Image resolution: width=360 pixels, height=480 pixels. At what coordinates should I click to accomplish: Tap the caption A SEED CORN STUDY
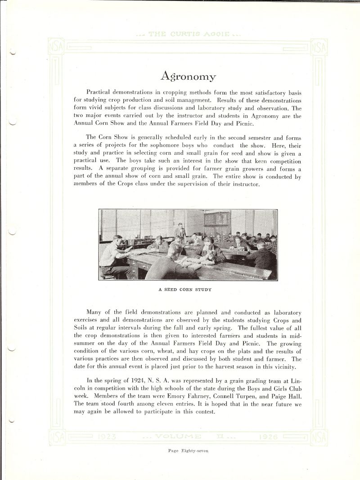tap(184, 290)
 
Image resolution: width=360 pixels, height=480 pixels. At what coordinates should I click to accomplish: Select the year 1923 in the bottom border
tap(106, 436)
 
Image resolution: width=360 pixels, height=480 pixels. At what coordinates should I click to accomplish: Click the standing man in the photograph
tap(181, 231)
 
